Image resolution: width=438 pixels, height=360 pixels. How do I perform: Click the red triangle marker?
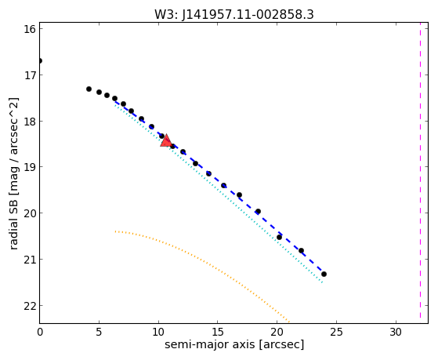(166, 140)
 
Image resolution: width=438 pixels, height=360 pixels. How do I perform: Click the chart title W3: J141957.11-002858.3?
(234, 14)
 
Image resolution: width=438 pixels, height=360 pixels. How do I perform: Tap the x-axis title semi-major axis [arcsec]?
(234, 344)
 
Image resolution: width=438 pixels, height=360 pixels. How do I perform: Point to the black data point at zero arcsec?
(40, 60)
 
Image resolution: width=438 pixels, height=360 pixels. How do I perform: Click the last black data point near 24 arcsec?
(324, 275)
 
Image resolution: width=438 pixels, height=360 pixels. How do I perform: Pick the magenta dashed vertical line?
(420, 173)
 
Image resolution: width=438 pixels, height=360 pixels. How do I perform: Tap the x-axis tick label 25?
(336, 332)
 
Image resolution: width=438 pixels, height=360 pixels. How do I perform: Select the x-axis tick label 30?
(396, 332)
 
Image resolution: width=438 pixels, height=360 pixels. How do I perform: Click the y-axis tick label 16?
(30, 29)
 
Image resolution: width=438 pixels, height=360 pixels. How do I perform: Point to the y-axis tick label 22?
(30, 306)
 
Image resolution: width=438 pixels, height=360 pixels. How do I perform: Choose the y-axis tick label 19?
(30, 167)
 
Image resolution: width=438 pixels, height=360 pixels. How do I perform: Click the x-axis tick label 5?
(99, 332)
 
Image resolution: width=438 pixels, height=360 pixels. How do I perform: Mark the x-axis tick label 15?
(218, 332)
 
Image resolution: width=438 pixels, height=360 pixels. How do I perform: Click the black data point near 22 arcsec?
(301, 250)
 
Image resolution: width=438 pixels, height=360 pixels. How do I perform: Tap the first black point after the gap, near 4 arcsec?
(89, 89)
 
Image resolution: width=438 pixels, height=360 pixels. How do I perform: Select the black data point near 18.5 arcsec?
(258, 212)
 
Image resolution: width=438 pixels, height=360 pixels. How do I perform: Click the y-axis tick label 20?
(30, 213)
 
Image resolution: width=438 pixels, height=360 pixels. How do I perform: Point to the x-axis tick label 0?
(40, 332)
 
